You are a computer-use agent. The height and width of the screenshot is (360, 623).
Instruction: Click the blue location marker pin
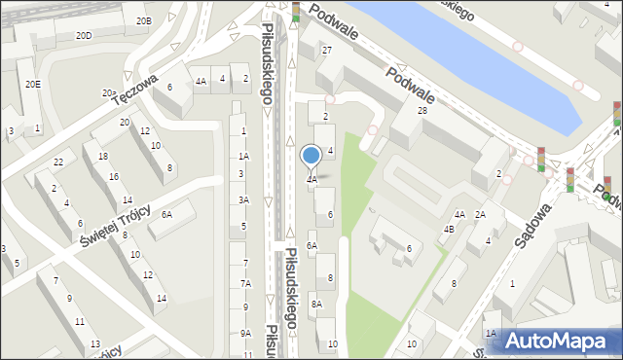click(x=311, y=157)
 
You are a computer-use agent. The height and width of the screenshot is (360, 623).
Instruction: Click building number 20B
click(x=143, y=20)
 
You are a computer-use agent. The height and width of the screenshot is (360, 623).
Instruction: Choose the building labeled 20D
click(x=85, y=36)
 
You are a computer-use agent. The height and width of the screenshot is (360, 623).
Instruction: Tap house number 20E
click(x=33, y=85)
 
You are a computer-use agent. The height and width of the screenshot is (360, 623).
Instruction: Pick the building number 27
click(x=327, y=50)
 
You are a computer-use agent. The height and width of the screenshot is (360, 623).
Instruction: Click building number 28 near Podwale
click(x=422, y=111)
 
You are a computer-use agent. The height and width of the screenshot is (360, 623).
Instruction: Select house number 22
click(x=58, y=162)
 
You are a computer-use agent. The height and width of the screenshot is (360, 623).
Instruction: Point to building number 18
click(x=103, y=157)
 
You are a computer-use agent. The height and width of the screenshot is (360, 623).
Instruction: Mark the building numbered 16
click(x=114, y=176)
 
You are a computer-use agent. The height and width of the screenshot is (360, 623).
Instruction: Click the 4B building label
click(x=449, y=230)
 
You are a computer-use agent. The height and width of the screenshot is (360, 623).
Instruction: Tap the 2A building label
click(x=480, y=215)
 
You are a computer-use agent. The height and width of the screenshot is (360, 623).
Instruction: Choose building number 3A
click(x=243, y=200)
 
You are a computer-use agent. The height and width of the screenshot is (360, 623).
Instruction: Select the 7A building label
click(x=246, y=283)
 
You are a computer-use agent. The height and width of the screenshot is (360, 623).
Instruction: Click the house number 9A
click(x=245, y=334)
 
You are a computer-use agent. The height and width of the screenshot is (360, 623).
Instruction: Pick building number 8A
click(x=316, y=305)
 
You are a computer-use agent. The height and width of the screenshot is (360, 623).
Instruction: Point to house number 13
click(x=94, y=344)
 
